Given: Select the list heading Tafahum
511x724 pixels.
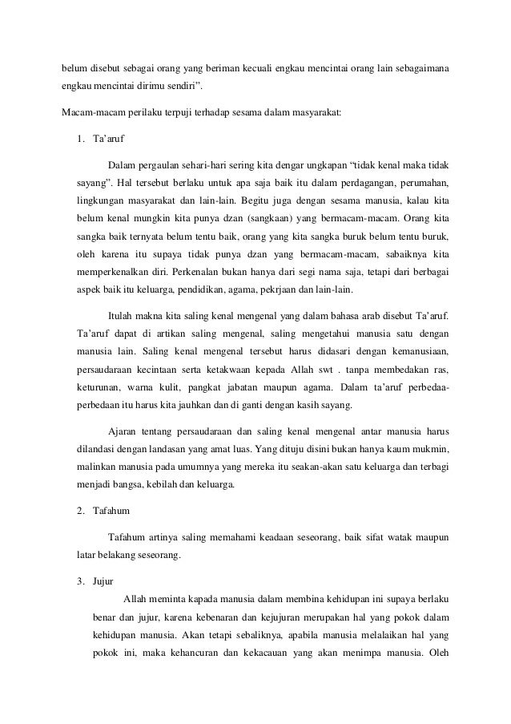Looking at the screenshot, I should click(111, 509).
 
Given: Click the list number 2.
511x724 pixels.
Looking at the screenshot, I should click(81, 509).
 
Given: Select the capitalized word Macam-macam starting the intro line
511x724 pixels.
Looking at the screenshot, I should click(90, 112).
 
